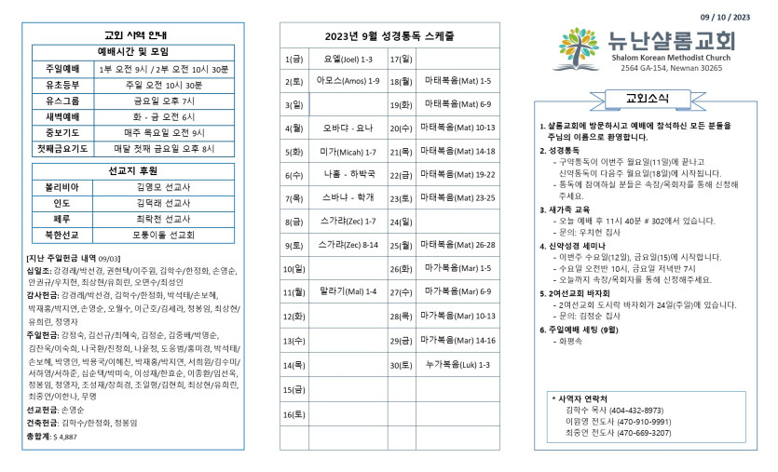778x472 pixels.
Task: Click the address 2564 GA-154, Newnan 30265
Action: tap(658, 68)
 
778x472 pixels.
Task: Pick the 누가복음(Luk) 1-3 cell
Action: tap(457, 364)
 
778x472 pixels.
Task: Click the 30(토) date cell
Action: tap(401, 364)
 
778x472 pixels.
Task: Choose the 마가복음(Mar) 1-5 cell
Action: tap(457, 268)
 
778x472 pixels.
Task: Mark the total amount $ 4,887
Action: tap(65, 435)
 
